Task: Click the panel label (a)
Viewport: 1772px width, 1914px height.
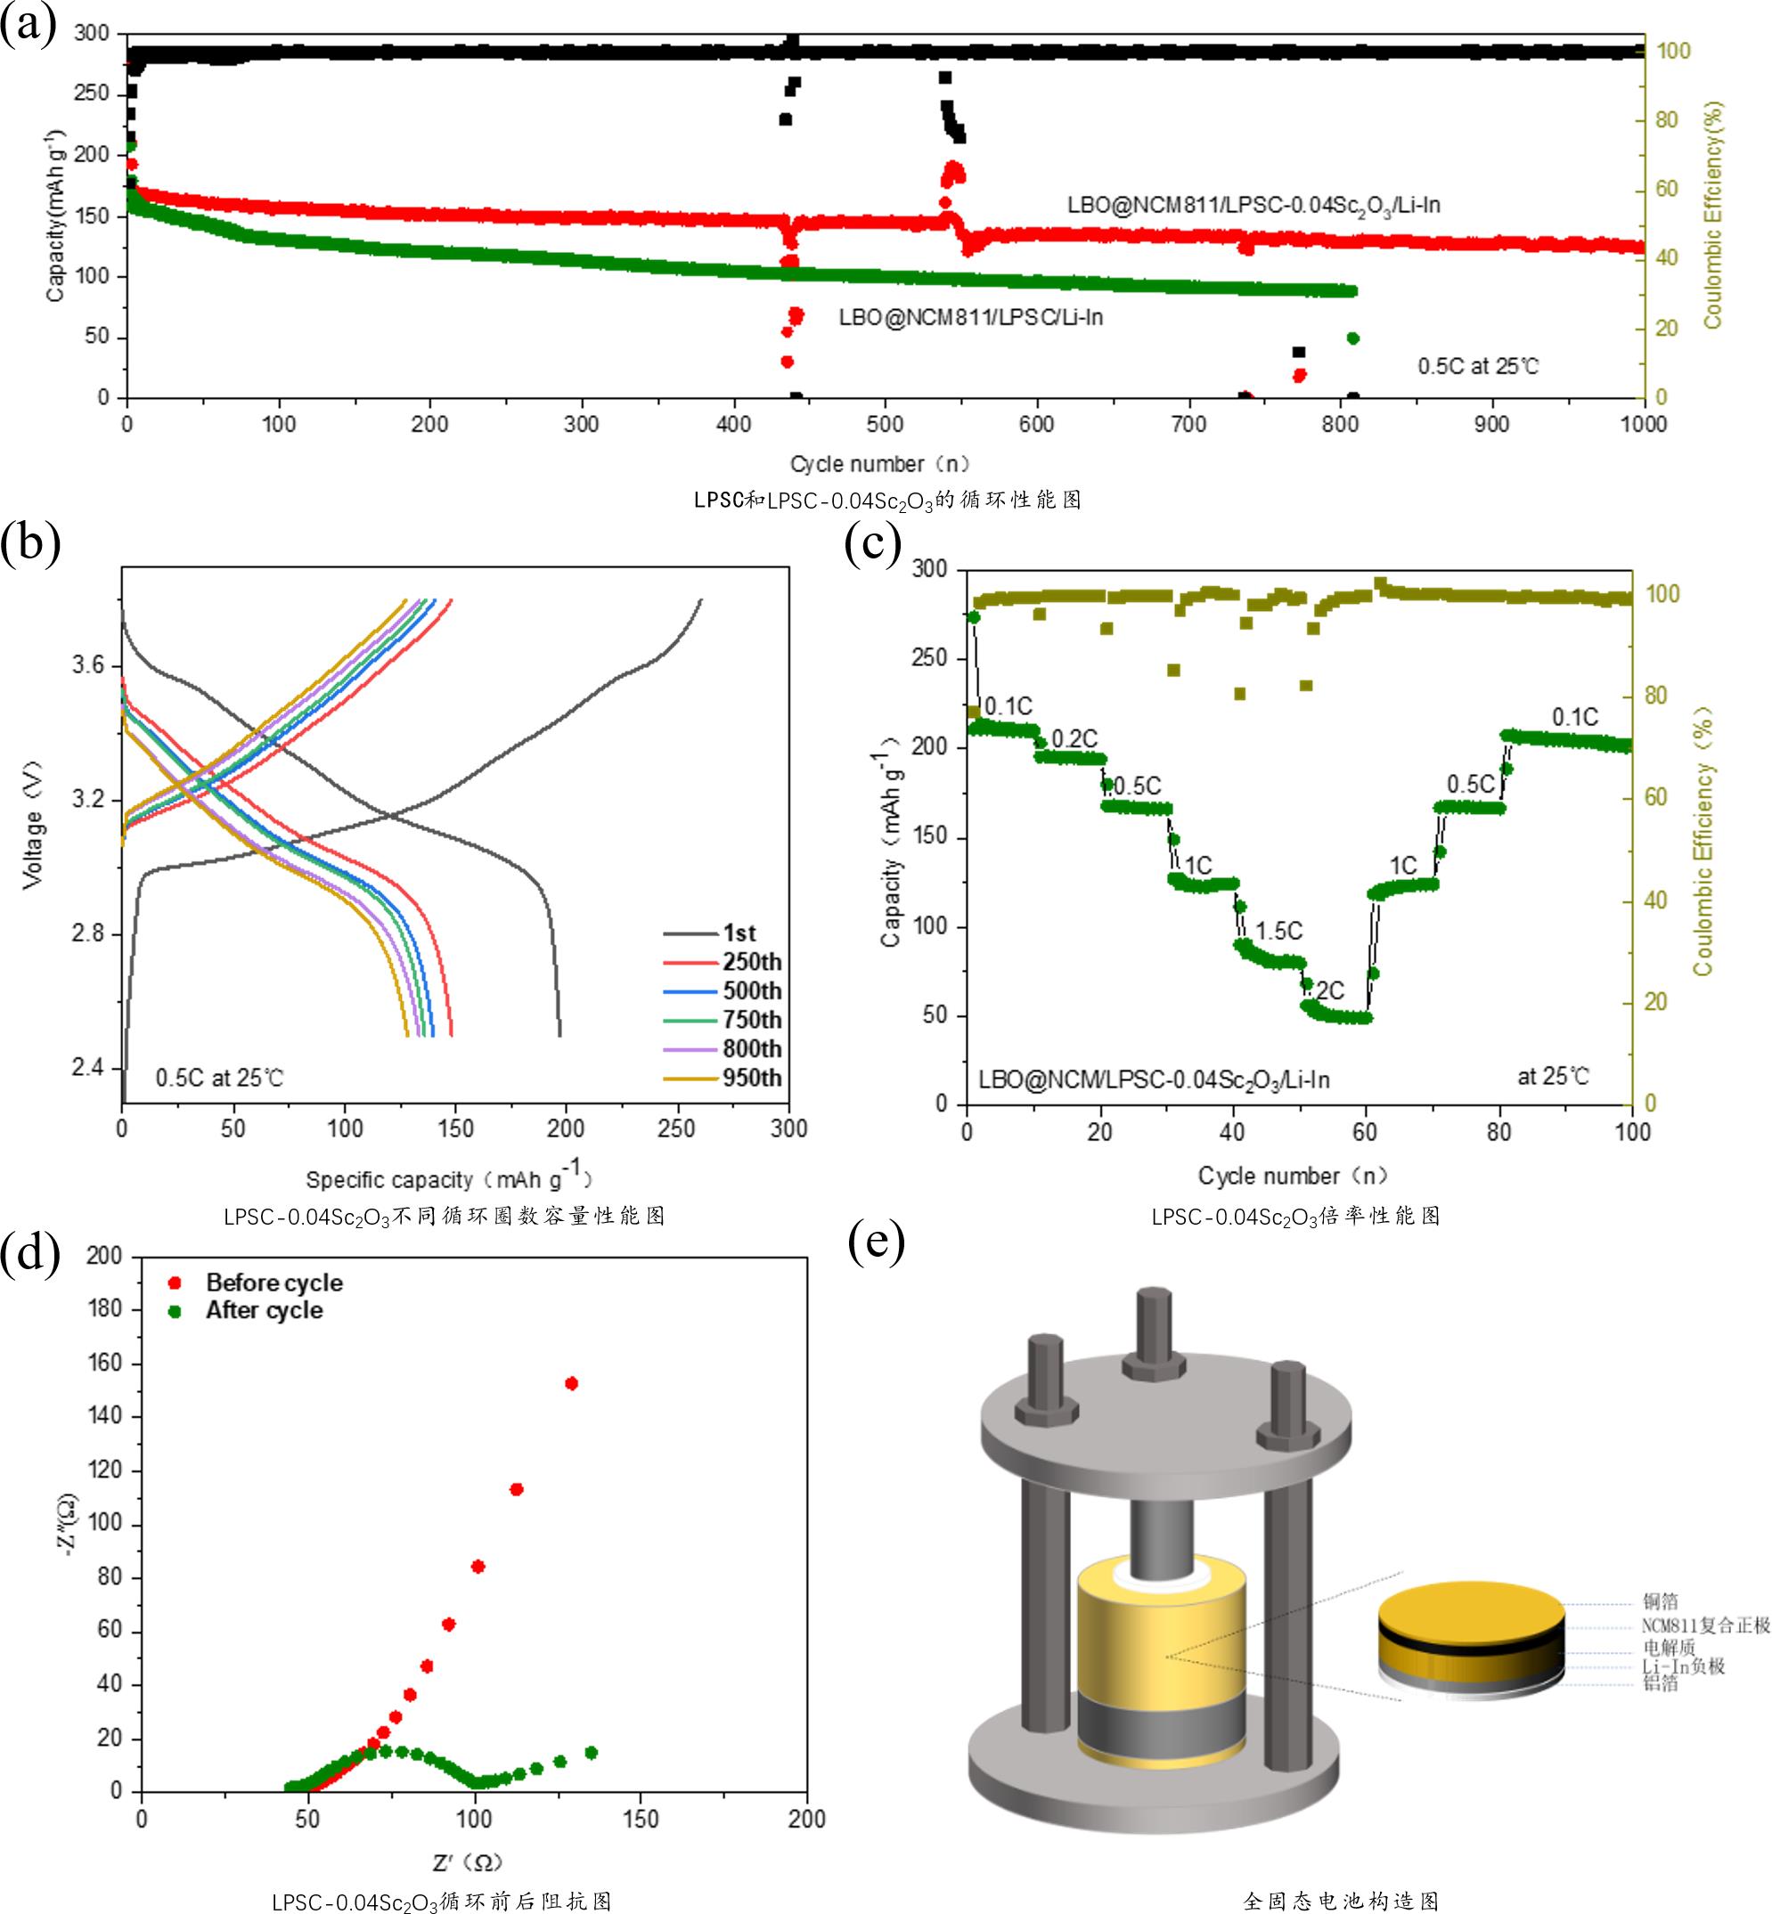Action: click(x=28, y=23)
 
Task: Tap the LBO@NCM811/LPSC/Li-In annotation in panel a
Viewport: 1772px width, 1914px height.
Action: click(x=970, y=317)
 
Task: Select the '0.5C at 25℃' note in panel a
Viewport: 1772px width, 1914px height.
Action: click(x=1478, y=366)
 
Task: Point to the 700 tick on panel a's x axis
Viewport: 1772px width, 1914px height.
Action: click(x=1188, y=425)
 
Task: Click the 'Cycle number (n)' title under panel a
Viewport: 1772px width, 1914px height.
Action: click(x=879, y=464)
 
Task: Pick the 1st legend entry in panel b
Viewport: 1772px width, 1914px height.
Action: click(x=739, y=933)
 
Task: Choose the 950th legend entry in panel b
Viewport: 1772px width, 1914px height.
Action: click(x=752, y=1078)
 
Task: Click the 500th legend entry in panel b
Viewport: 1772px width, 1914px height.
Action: click(x=752, y=990)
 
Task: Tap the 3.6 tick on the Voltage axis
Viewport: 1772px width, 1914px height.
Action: click(x=89, y=665)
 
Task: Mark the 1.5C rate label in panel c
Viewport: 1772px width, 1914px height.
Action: click(x=1279, y=931)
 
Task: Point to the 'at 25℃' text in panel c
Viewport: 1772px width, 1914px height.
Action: click(x=1553, y=1076)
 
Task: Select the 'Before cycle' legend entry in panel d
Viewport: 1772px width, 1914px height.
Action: click(x=274, y=1283)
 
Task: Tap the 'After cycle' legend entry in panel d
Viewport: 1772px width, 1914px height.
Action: click(x=264, y=1310)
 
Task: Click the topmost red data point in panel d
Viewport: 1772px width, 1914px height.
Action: click(x=571, y=1383)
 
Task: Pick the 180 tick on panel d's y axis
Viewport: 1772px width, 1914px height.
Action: click(x=104, y=1308)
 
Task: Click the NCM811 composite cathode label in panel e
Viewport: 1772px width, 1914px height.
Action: click(x=1705, y=1625)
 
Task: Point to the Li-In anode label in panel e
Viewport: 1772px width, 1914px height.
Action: click(x=1683, y=1666)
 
